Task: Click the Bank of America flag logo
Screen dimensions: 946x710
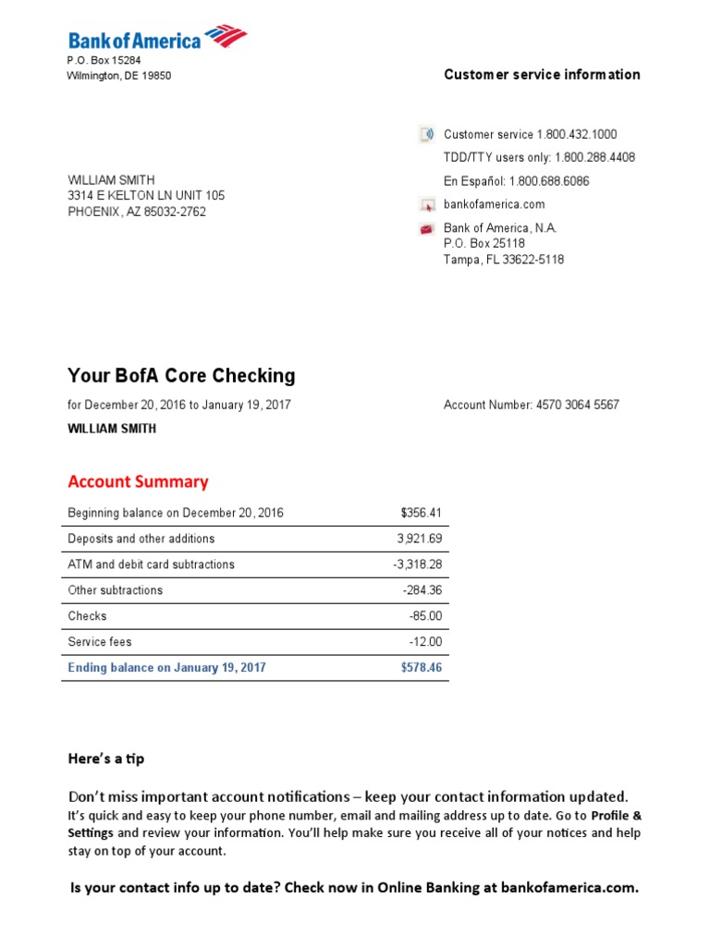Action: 226,37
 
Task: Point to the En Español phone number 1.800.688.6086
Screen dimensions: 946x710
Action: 549,181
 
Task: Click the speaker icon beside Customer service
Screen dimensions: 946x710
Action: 426,135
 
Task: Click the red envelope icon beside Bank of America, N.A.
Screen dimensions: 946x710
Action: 426,229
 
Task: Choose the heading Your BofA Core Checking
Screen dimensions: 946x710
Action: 181,376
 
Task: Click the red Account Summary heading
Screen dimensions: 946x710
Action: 138,481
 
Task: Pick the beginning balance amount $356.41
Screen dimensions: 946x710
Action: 422,513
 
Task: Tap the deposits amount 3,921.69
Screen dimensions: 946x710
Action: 420,539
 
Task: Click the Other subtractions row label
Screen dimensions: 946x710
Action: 115,590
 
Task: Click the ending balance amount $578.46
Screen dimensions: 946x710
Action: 422,667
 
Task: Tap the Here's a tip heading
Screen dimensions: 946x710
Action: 106,758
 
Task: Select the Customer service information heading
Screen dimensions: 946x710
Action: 542,75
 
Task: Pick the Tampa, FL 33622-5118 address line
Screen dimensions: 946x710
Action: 503,260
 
